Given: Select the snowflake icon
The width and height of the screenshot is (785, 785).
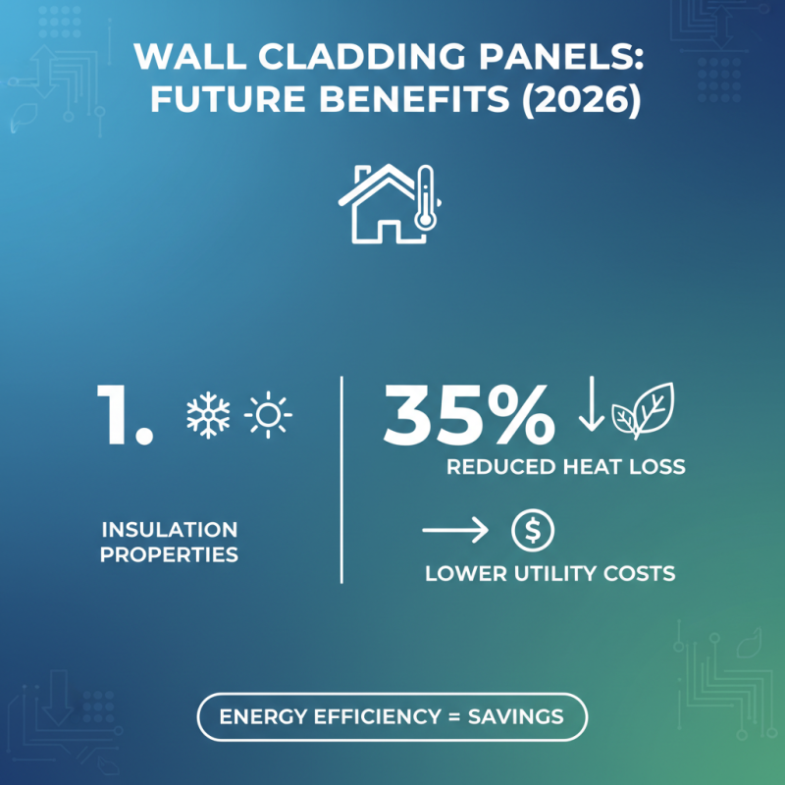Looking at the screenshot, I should coord(208,414).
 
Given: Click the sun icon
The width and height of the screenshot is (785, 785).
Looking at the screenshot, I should coord(269,415).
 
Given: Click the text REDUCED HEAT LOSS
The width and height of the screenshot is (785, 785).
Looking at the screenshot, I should coord(565,467).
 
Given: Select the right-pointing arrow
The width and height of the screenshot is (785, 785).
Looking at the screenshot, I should coord(455,532).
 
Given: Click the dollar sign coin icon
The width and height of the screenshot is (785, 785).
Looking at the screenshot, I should coord(533,531).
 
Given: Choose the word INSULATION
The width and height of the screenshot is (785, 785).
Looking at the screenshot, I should coord(169,530).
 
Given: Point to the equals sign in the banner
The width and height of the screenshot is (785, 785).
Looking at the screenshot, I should coord(453,716).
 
